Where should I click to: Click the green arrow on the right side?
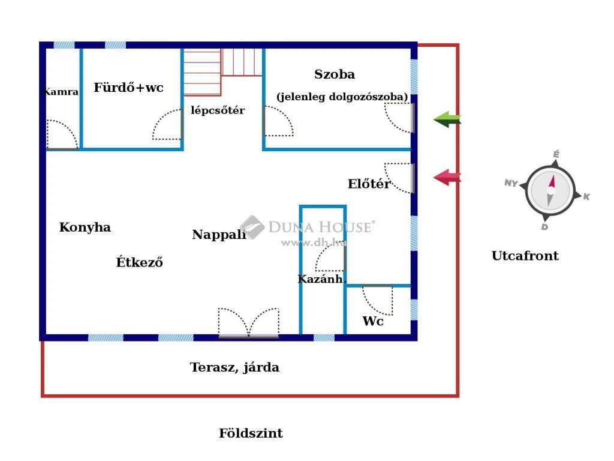point(447,119)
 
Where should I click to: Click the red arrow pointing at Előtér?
point(447,177)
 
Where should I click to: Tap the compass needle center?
point(551,190)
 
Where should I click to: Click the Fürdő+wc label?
point(128,87)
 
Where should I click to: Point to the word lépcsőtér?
point(218,110)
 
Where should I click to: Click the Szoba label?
point(335,74)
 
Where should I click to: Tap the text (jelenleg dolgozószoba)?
point(342,97)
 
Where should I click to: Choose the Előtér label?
point(369,184)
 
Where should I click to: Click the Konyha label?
point(85,227)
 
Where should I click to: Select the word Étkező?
point(139,262)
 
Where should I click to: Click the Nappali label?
point(219,235)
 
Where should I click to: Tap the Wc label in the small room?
point(373,321)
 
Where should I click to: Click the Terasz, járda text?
point(234,367)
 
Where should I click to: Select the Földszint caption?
point(251,433)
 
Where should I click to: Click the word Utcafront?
point(525,256)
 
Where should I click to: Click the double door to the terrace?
point(249,322)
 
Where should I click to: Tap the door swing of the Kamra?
point(62,134)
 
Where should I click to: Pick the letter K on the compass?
point(586,196)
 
